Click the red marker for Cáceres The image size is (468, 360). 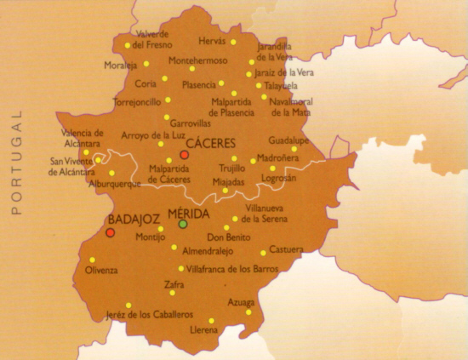(x=184, y=156)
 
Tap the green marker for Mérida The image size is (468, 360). (x=182, y=224)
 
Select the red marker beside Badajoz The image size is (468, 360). (x=110, y=231)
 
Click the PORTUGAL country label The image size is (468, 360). (x=14, y=161)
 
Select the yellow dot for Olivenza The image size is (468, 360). (x=92, y=260)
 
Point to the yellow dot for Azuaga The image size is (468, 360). (x=248, y=311)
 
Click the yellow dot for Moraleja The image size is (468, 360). (x=146, y=64)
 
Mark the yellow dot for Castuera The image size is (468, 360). (x=263, y=253)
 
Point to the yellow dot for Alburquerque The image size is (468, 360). (x=111, y=173)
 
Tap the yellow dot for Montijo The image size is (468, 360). (x=161, y=229)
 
